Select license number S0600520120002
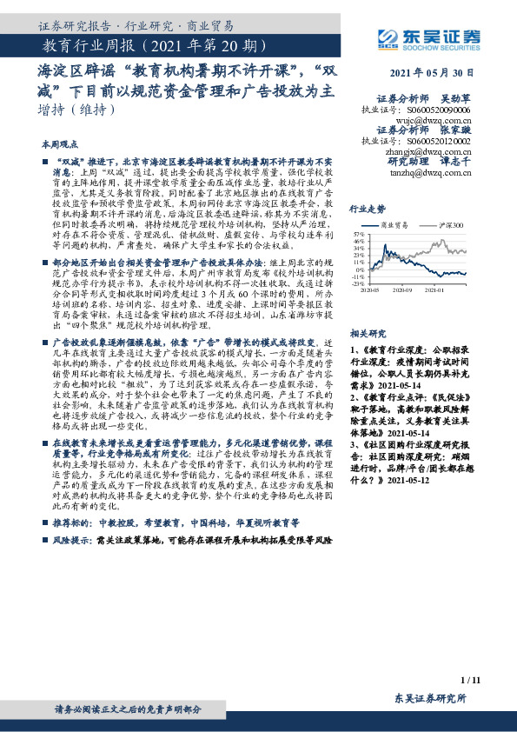pyautogui.click(x=441, y=141)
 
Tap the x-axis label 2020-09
pyautogui.click(x=401, y=290)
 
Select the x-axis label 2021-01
pyautogui.click(x=434, y=290)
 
